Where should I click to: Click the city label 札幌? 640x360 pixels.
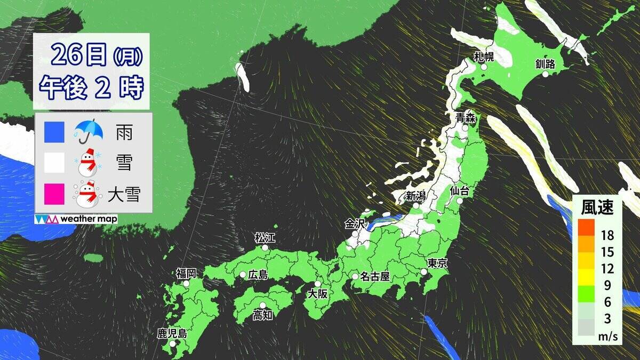484,56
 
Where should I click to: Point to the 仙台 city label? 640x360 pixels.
459,190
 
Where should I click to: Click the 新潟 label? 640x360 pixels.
415,195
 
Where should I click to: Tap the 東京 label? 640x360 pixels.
437,262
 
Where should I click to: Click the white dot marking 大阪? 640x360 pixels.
318,284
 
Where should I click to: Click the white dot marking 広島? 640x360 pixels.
243,275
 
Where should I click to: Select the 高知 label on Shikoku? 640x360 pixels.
262,315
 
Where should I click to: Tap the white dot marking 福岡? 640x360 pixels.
186,284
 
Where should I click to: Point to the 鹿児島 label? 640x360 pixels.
172,334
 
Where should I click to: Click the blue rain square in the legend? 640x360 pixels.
55,132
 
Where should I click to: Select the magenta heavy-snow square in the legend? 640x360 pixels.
55,194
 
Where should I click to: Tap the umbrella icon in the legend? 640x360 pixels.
88,131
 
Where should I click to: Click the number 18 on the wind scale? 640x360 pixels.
607,235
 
